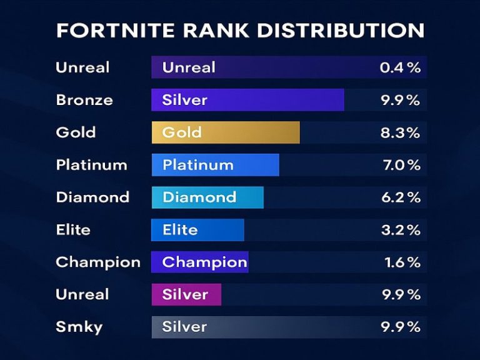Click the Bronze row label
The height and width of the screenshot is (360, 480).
click(84, 100)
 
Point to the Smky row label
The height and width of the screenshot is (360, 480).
click(79, 327)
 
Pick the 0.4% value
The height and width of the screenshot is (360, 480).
click(400, 67)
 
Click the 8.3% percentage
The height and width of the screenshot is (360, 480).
click(401, 132)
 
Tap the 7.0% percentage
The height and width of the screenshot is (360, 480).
click(401, 165)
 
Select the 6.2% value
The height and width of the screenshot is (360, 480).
click(401, 197)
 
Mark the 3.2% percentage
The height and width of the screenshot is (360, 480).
click(401, 230)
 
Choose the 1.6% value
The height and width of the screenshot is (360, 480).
click(402, 262)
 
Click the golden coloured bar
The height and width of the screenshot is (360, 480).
click(226, 132)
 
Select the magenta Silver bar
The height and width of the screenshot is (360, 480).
click(186, 294)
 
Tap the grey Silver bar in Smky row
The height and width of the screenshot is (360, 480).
click(250, 327)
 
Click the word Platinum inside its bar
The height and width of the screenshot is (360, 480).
click(197, 165)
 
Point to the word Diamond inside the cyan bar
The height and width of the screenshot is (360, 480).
click(199, 197)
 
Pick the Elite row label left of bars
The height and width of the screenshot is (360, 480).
click(72, 230)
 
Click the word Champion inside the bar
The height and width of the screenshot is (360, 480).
click(204, 262)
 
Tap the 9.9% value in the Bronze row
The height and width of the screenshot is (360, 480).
click(401, 100)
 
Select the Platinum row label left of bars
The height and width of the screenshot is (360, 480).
click(91, 165)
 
